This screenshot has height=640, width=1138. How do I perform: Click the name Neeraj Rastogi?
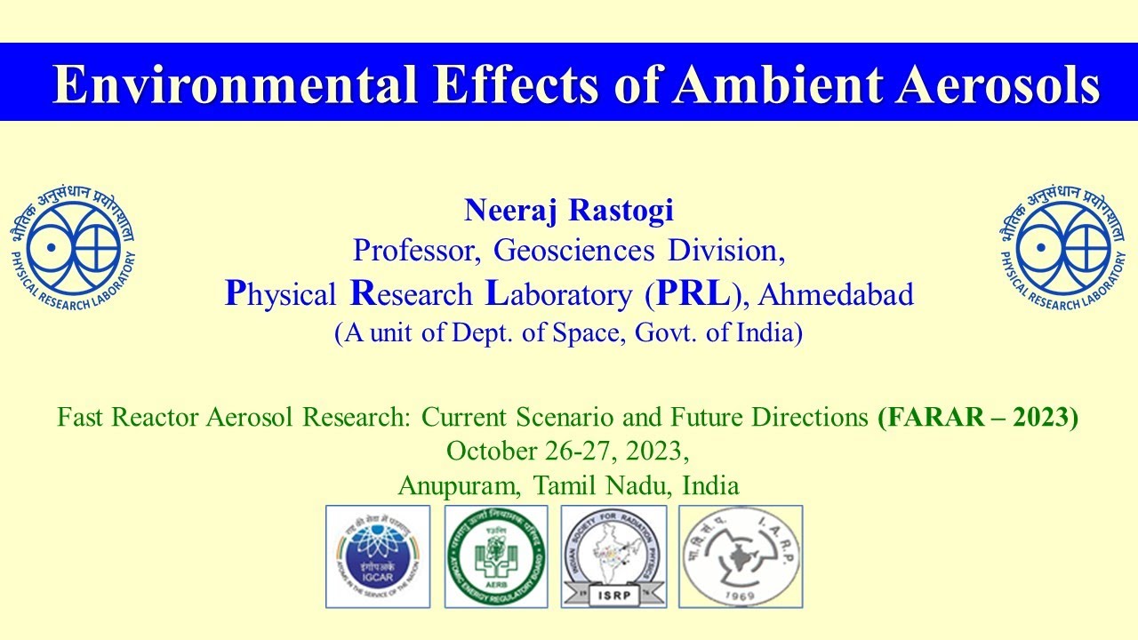click(x=569, y=211)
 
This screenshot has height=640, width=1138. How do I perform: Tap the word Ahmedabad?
click(x=837, y=295)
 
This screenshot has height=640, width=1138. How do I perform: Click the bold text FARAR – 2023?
click(x=977, y=416)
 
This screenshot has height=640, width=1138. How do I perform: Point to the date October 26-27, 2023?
click(x=568, y=452)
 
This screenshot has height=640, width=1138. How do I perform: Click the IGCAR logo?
click(x=378, y=556)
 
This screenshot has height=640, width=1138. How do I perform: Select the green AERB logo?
click(x=496, y=556)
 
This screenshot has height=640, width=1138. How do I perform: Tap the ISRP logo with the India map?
click(x=613, y=556)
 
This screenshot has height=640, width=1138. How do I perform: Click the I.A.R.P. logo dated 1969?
click(x=741, y=556)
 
